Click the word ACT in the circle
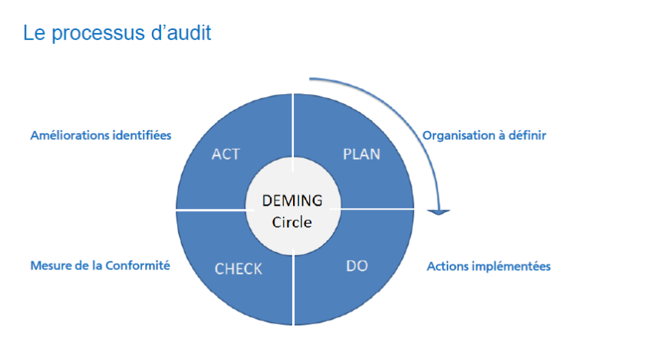point(225,154)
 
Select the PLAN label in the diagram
point(361,154)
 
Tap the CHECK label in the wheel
point(238,268)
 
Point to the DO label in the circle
point(357,266)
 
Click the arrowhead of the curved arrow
point(439,210)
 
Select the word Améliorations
point(63,135)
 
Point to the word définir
point(527,135)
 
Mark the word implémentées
point(512,267)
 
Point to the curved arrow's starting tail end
point(311,78)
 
